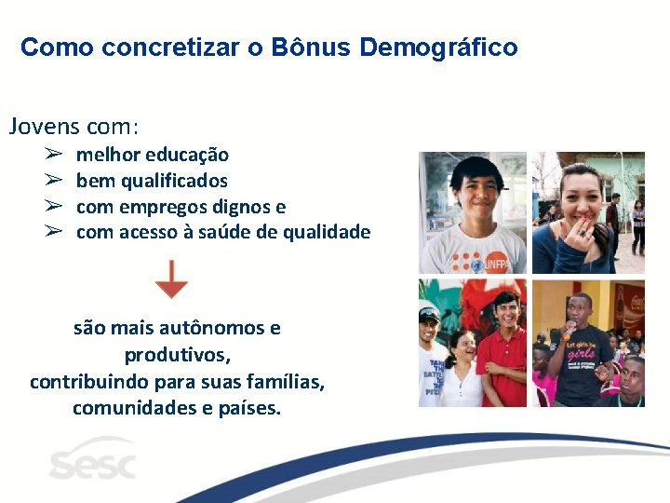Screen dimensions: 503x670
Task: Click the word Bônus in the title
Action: [309, 48]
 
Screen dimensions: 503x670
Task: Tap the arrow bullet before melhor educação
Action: [53, 155]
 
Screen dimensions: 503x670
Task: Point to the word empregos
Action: [163, 207]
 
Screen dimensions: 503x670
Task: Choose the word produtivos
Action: [177, 356]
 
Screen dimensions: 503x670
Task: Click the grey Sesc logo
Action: [92, 462]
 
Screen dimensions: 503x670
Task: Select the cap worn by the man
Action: [429, 314]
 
